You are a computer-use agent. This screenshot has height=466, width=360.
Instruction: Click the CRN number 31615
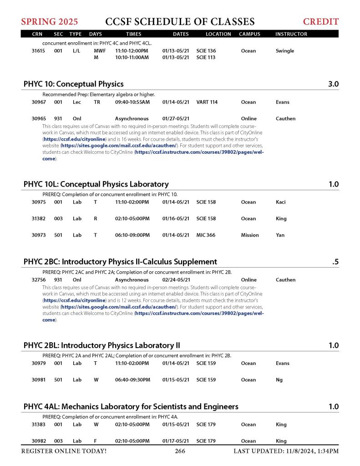point(38,51)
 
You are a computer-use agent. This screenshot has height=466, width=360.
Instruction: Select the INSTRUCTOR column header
point(291,34)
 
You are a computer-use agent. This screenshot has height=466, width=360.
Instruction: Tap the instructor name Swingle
point(285,51)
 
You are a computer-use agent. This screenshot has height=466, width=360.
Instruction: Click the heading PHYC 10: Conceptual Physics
point(73,84)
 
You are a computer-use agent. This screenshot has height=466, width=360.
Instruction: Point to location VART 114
point(206,102)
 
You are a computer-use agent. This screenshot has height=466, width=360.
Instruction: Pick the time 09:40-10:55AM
point(132,102)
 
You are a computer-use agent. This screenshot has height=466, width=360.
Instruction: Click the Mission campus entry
point(250,235)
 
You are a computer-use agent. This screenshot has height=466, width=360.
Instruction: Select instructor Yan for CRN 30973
point(280,235)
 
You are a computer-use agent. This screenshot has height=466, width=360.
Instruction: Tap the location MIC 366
point(206,235)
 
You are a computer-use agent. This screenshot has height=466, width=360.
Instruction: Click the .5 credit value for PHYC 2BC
point(335,262)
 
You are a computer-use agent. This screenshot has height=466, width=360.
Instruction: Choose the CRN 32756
point(38,280)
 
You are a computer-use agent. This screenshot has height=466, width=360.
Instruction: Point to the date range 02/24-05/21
point(176,280)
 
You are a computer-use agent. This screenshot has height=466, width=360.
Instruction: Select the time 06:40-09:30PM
point(132,380)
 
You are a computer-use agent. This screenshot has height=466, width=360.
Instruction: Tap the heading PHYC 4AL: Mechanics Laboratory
point(131,406)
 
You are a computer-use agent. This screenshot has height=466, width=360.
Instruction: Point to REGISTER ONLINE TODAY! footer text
point(64,451)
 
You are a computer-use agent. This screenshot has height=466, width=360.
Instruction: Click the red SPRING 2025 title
point(49,21)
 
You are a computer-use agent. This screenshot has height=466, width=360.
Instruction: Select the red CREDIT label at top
point(321,21)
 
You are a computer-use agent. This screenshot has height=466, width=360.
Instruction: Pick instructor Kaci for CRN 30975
point(281,203)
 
